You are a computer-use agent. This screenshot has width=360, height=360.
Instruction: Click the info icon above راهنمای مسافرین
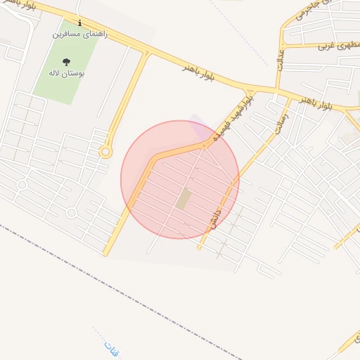coord(79,22)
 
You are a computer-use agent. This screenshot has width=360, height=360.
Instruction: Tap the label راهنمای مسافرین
coord(80,33)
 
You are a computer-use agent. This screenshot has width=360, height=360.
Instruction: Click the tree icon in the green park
coord(67,62)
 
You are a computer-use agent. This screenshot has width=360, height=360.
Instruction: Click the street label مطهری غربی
coord(334,46)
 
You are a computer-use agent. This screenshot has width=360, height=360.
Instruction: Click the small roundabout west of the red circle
coord(105,151)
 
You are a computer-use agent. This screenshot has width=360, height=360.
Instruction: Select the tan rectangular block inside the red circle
coord(183,199)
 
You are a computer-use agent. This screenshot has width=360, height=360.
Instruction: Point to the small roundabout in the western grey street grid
coord(22,185)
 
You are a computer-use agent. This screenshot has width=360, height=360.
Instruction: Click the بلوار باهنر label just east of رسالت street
coord(314,103)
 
